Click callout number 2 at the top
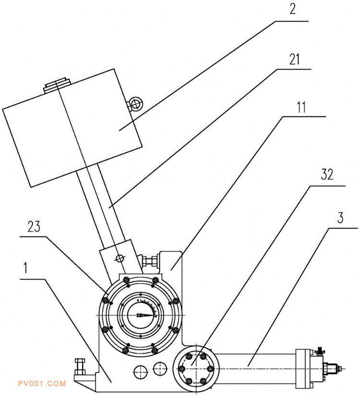pos(292,9)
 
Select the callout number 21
pos(295,59)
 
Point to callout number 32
pos(327,174)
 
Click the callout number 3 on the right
pos(340,218)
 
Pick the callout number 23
pos(34,227)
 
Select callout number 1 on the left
pos(25,268)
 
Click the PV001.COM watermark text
pos(42,384)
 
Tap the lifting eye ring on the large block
pos(136,104)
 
